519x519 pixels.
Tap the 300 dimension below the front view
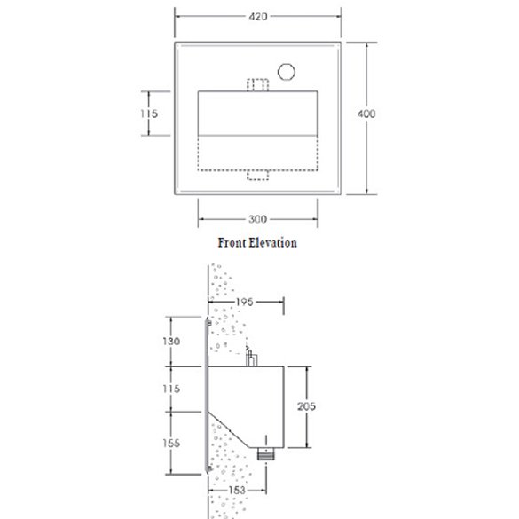click(x=258, y=218)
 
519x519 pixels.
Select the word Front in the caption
click(x=236, y=242)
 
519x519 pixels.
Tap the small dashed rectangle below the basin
click(x=258, y=176)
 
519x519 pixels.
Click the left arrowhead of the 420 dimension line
click(x=177, y=16)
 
